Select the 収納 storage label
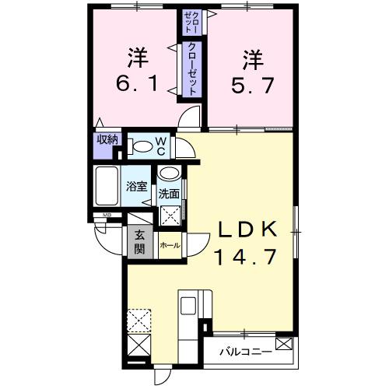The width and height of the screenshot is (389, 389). (x=107, y=140)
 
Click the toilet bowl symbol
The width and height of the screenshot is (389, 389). (x=142, y=146)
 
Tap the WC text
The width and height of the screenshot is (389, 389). (x=159, y=145)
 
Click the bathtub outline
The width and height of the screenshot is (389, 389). (x=107, y=187)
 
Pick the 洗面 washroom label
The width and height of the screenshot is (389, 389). (x=169, y=193)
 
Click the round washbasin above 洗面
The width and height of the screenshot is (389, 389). (x=170, y=174)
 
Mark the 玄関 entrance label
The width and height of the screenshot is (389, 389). (x=139, y=242)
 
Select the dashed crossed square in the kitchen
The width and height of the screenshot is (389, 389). (x=140, y=319)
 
